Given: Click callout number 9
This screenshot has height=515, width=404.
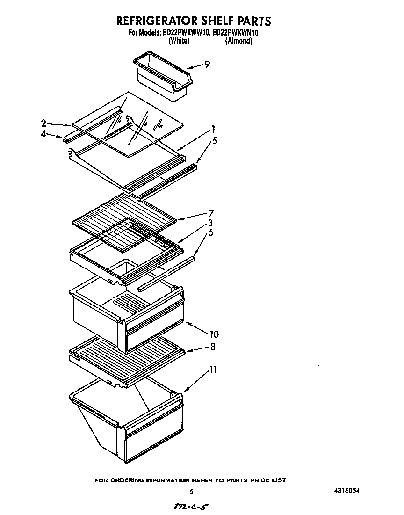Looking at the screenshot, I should click(x=207, y=64).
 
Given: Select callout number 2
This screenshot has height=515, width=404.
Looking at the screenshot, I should click(x=43, y=123).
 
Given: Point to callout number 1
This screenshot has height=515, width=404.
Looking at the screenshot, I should click(x=213, y=129).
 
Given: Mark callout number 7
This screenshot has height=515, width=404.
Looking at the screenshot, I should click(x=211, y=213).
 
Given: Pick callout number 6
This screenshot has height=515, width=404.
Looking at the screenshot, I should click(x=211, y=232).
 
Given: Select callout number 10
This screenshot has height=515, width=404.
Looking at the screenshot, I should click(x=214, y=334).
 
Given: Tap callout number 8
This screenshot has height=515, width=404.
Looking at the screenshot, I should click(x=213, y=347).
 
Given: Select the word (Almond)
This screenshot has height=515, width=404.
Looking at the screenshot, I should click(x=238, y=41).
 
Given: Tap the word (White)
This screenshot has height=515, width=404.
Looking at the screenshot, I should click(x=179, y=41).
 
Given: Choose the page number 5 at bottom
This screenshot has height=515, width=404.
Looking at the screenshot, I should click(x=192, y=492).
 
